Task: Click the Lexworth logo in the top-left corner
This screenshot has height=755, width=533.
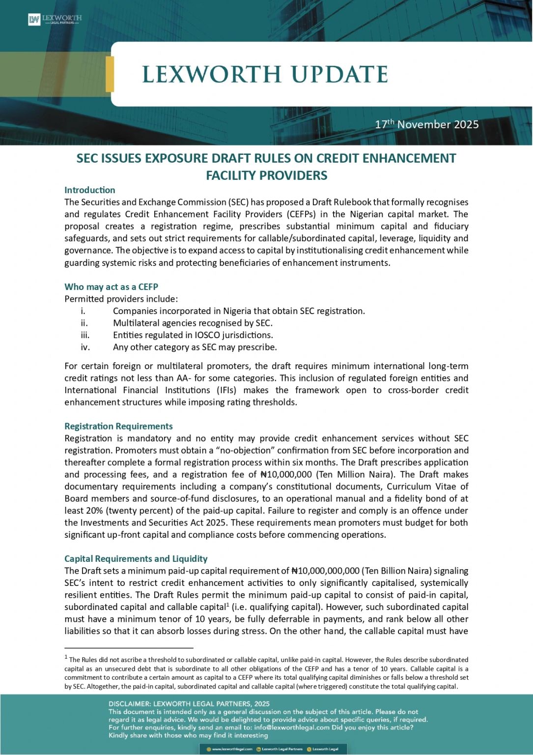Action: [x=55, y=20]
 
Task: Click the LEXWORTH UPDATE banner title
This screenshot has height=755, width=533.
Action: [x=265, y=75]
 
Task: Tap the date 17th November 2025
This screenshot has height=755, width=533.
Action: [x=426, y=124]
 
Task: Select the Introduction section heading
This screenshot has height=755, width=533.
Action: [x=90, y=190]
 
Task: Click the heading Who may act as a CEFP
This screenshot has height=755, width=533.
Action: [x=111, y=287]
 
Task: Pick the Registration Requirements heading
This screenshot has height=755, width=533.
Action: [x=118, y=426]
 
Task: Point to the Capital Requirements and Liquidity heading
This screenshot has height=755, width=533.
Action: [x=136, y=559]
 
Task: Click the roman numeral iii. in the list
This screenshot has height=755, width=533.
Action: [x=85, y=335]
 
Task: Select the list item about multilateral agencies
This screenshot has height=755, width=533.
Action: [x=193, y=323]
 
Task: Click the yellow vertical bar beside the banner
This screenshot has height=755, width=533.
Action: [x=110, y=74]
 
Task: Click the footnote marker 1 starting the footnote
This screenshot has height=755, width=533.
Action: [x=66, y=657]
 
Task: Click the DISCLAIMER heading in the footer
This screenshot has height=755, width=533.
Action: [x=189, y=704]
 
